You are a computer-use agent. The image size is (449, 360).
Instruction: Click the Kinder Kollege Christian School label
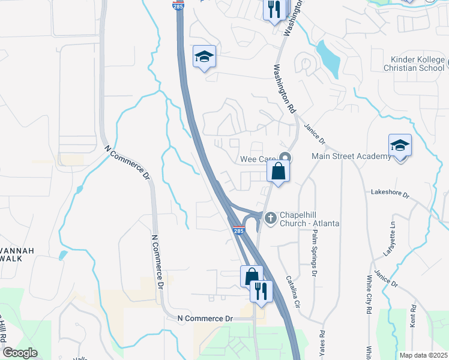pyautogui.click(x=417, y=64)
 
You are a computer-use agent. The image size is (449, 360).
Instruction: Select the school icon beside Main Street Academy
pyautogui.click(x=400, y=146)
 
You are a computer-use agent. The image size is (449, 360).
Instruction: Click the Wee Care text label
pyautogui.click(x=258, y=159)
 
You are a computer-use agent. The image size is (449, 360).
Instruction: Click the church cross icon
pyautogui.click(x=270, y=217)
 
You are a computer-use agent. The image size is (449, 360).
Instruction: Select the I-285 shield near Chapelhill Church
pyautogui.click(x=238, y=230)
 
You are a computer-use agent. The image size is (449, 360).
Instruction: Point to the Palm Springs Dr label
pyautogui.click(x=313, y=252)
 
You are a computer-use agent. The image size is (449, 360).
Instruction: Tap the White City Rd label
pyautogui.click(x=369, y=294)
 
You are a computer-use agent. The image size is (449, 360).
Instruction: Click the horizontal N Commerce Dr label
pyautogui.click(x=204, y=317)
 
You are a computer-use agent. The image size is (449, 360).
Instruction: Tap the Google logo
pyautogui.click(x=20, y=353)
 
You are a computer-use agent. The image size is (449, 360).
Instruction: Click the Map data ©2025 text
pyautogui.click(x=423, y=355)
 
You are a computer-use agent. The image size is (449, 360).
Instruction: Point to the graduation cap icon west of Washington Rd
pyautogui.click(x=204, y=57)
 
